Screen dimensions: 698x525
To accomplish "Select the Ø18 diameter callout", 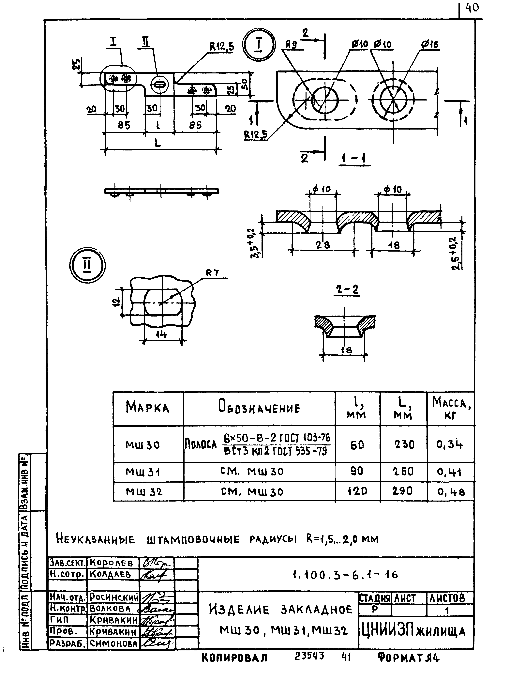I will [x=430, y=44].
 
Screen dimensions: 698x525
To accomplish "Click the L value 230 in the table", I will [x=404, y=445].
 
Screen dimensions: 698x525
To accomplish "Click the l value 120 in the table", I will [x=357, y=491].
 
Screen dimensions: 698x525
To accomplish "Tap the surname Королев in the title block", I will [x=111, y=563].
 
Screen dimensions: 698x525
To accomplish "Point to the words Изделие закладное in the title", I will [x=280, y=610].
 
